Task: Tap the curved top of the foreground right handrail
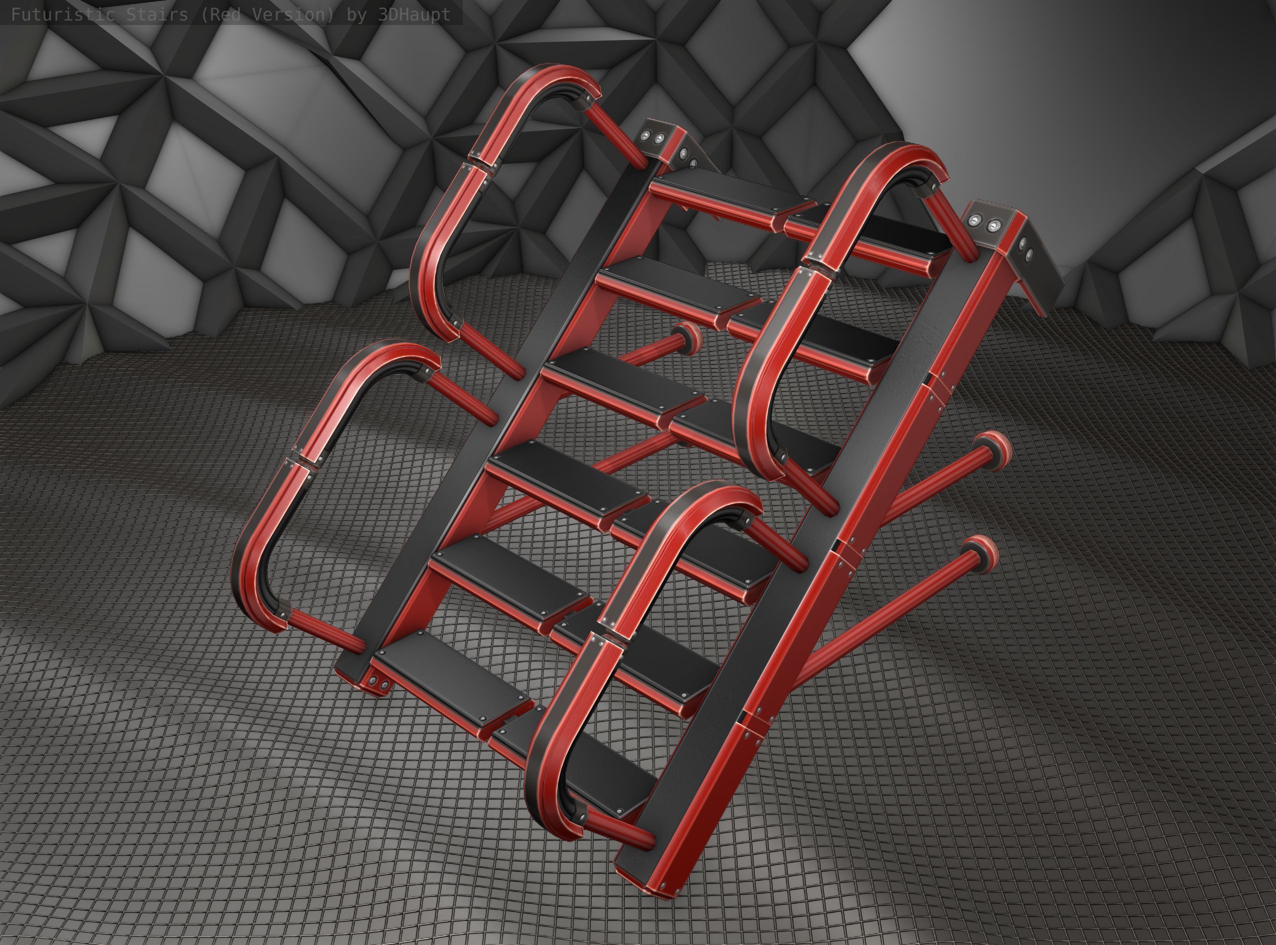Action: point(709,503)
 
